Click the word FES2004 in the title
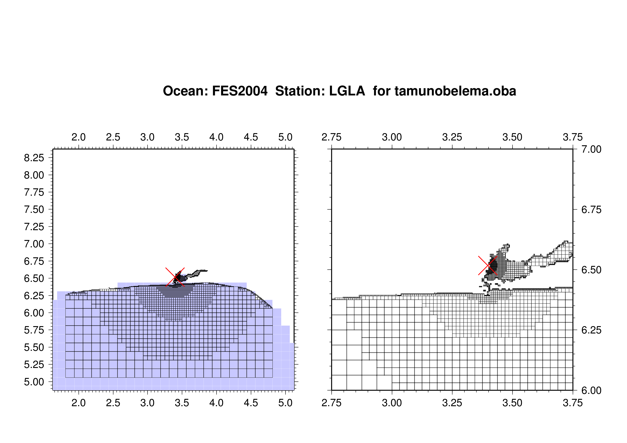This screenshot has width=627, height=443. point(240,91)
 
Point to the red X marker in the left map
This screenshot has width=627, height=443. point(175,277)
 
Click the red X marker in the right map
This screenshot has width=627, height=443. point(488,266)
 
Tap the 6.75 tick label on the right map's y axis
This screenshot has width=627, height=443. point(591,210)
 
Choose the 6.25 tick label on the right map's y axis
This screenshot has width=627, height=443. point(591,330)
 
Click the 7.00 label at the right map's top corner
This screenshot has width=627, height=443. point(591,149)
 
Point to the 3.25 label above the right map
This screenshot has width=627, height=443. point(452,137)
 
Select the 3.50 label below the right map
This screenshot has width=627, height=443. point(512,403)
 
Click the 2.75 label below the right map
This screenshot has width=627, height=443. point(332,403)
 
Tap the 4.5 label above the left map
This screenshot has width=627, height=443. point(251,137)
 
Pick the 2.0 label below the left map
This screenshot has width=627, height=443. point(79,403)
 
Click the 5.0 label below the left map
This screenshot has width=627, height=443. point(285,403)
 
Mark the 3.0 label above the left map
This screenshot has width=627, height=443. point(147,137)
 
